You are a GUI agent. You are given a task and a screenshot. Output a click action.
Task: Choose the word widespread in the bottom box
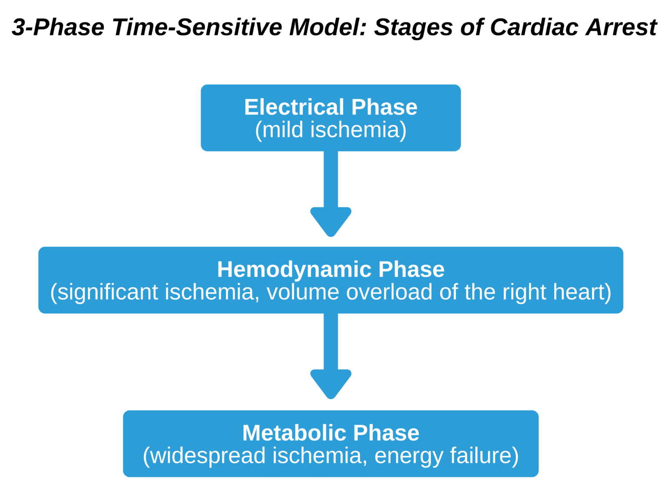(x=208, y=456)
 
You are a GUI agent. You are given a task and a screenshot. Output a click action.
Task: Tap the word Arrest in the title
(x=621, y=27)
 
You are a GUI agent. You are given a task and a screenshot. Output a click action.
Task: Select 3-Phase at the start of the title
(x=58, y=27)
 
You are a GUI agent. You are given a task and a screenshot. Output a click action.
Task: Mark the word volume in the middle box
(x=303, y=292)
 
